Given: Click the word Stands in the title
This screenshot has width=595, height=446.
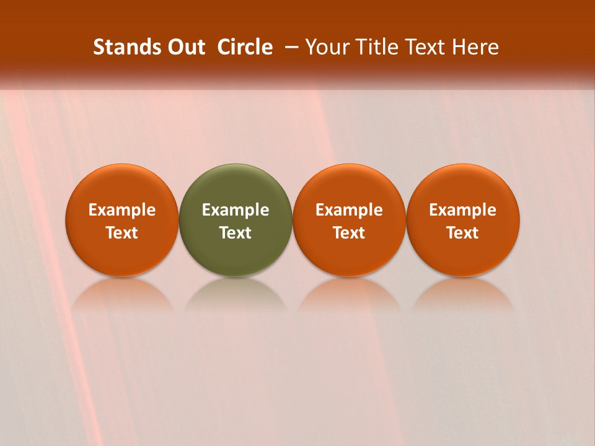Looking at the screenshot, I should point(120,47).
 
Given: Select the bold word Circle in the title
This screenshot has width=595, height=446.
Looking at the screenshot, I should point(245,47).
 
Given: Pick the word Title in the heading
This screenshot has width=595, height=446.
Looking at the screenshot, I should point(373,47).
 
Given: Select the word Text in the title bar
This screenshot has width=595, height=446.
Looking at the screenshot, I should point(424,47).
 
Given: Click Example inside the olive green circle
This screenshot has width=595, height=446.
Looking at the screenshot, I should point(236,210).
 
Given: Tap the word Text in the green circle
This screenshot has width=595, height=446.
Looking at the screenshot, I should point(236,233).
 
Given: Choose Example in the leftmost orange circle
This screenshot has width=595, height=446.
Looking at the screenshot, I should point(122,210).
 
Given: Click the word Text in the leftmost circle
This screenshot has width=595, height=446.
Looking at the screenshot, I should point(122,233).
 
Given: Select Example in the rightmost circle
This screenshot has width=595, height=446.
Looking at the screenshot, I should point(463,210).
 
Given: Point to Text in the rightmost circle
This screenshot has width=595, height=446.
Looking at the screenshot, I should point(463,233).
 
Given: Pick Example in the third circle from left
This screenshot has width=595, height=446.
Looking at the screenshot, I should point(349,210).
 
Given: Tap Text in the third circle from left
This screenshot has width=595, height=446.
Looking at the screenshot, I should point(349,233).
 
